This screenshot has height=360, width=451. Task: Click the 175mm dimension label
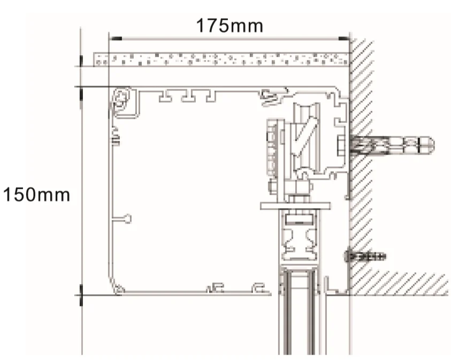click(x=230, y=25)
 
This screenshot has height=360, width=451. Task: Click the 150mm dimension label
click(x=36, y=195)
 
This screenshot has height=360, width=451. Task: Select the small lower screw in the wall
click(x=365, y=256)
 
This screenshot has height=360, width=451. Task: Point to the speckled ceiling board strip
click(x=221, y=59)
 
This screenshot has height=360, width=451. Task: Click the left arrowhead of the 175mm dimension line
click(x=116, y=39)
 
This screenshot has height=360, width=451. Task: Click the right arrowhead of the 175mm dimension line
click(x=343, y=39)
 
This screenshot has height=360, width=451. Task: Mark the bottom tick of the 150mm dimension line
click(x=81, y=296)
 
